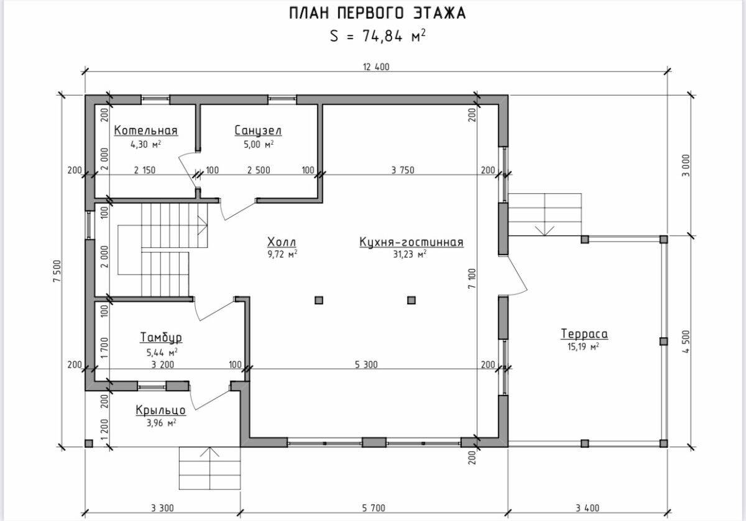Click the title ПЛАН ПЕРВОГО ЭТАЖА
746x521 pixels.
click(377, 13)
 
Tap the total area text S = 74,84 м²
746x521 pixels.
click(378, 36)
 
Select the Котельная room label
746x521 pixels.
click(146, 130)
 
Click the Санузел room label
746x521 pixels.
click(258, 130)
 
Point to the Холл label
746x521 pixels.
click(282, 242)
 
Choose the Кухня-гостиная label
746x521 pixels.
click(412, 242)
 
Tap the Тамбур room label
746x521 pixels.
click(161, 337)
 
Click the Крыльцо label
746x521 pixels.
click(161, 410)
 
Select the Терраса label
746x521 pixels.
click(584, 333)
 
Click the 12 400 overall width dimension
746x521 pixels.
click(376, 67)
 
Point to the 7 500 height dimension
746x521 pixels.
click(57, 271)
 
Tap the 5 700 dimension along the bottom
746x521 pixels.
click(374, 508)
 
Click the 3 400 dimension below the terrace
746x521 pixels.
click(587, 508)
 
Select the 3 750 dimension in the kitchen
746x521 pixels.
click(403, 170)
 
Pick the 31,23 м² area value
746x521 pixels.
click(410, 255)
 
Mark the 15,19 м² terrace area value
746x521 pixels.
click(583, 347)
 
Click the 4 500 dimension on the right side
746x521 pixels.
click(686, 342)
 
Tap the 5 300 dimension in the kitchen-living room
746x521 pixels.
click(366, 365)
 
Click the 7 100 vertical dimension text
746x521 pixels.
click(472, 278)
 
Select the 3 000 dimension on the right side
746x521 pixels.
click(686, 165)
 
